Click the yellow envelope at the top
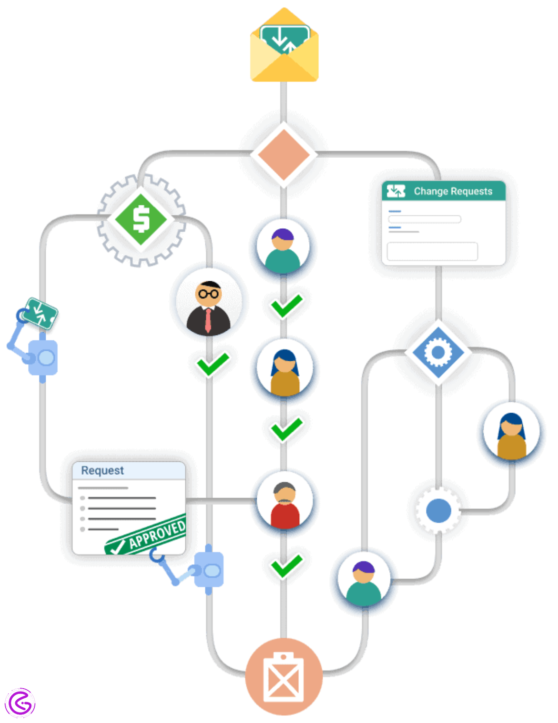point(284,48)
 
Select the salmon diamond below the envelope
point(284,154)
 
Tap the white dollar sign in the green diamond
point(141,220)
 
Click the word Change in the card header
point(431,192)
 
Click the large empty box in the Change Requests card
point(432,251)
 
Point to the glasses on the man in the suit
point(208,294)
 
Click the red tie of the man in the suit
point(208,319)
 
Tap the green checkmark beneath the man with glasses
point(213,365)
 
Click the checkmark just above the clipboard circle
point(286,566)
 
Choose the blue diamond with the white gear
point(438,353)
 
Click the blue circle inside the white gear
point(438,511)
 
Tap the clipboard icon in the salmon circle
point(284,677)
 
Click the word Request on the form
point(102,471)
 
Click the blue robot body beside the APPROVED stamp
point(210,570)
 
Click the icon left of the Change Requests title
point(396,192)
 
